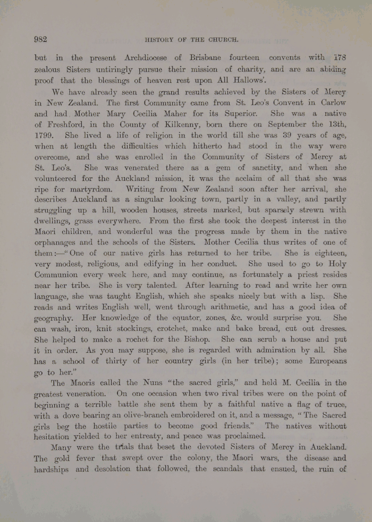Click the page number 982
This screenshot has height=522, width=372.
(x=41, y=39)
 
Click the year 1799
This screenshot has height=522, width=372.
(x=44, y=135)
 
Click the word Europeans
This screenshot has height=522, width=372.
(x=324, y=361)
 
